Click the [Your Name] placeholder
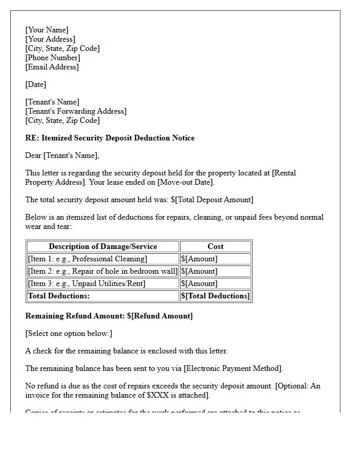click(x=47, y=30)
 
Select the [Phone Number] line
click(x=52, y=58)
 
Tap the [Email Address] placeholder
click(x=52, y=67)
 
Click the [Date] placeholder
click(x=35, y=84)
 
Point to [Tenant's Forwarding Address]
click(x=76, y=111)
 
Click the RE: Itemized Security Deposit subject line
click(x=110, y=138)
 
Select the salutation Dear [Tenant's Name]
click(x=62, y=155)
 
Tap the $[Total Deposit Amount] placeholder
click(x=212, y=200)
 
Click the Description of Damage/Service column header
click(x=103, y=246)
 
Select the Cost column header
click(x=215, y=246)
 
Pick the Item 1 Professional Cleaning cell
click(x=87, y=259)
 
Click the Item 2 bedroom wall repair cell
click(x=103, y=271)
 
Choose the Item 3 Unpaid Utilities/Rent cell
click(x=86, y=283)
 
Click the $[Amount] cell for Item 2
click(x=200, y=271)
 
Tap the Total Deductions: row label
click(x=59, y=296)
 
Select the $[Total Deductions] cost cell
click(x=215, y=296)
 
